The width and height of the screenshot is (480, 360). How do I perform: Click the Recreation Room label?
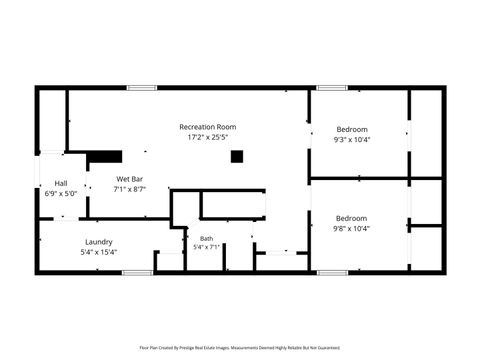click(x=207, y=127)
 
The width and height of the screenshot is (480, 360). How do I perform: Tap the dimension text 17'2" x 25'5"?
click(x=207, y=137)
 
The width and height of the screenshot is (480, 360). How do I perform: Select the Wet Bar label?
click(x=130, y=179)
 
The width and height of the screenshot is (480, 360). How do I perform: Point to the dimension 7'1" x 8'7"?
click(x=130, y=189)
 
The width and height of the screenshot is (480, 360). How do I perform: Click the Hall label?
click(x=61, y=183)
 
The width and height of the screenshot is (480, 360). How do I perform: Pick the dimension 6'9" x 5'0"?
click(x=61, y=193)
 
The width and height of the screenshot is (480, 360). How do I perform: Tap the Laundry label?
click(x=99, y=241)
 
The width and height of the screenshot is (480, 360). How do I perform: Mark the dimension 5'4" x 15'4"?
click(x=99, y=251)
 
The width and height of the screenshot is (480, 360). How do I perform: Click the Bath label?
click(x=206, y=238)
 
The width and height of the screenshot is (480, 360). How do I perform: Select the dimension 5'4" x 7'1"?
click(x=206, y=247)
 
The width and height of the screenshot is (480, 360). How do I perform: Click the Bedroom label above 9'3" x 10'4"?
click(x=351, y=129)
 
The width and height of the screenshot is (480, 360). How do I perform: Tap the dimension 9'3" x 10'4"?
click(x=351, y=139)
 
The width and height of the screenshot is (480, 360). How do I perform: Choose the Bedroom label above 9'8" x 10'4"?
click(x=351, y=218)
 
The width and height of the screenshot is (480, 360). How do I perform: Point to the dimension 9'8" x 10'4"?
click(x=351, y=228)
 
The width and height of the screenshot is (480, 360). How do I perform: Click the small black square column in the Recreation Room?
click(x=237, y=156)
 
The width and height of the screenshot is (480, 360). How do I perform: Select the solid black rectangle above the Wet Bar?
click(x=103, y=156)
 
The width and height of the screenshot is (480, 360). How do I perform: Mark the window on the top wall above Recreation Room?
click(x=141, y=88)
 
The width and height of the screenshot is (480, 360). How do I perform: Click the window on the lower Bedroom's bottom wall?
click(x=331, y=272)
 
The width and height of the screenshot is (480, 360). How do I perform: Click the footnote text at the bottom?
click(x=240, y=348)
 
